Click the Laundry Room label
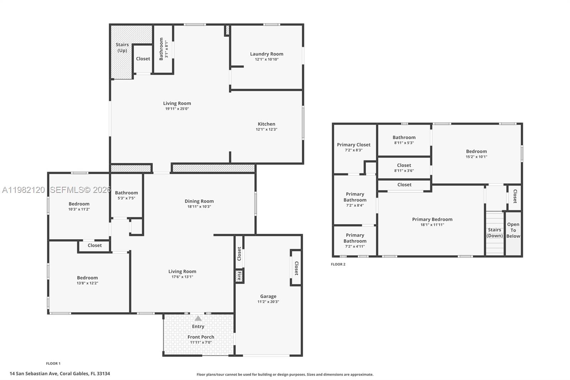266,54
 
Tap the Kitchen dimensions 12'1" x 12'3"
266,129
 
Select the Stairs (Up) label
122,47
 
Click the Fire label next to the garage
239,276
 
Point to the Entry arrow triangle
198,318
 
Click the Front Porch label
201,337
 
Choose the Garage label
268,296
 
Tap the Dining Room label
199,201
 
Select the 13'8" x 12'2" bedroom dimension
87,283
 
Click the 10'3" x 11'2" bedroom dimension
79,209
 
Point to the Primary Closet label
354,145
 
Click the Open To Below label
513,230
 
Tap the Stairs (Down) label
494,233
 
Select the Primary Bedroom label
432,219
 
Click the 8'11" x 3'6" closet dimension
404,170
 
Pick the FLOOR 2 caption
338,264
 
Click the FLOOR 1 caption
53,364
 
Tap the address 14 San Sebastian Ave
60,374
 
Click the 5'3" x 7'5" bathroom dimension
126,198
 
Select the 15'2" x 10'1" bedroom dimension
476,156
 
